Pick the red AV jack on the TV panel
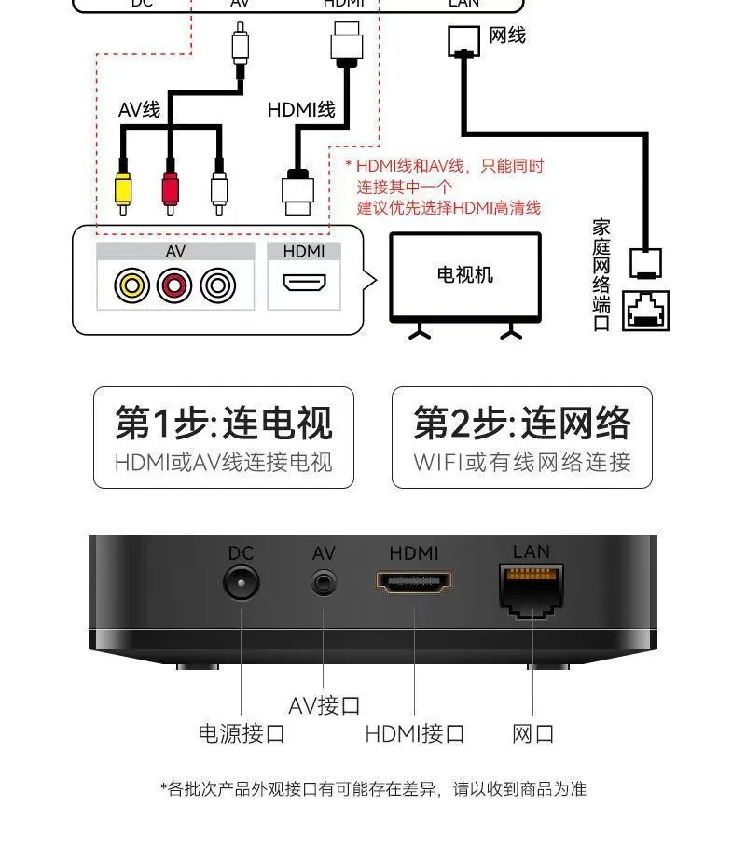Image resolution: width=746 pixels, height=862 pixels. [x=174, y=285]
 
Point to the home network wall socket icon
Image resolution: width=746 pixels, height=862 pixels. [x=645, y=311]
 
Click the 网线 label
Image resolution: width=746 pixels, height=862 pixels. [x=507, y=35]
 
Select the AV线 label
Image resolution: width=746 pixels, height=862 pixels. [x=139, y=110]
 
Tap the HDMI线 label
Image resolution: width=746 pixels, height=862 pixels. [x=300, y=110]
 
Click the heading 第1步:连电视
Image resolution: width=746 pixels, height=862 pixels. [x=224, y=423]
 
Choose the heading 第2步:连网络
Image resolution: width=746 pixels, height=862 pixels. [x=522, y=423]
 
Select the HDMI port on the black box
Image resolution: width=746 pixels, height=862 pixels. [x=414, y=583]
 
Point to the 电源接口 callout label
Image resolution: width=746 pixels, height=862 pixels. [x=241, y=733]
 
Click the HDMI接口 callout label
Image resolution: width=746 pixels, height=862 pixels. [x=414, y=733]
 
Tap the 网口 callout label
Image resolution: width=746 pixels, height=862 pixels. [x=533, y=733]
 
